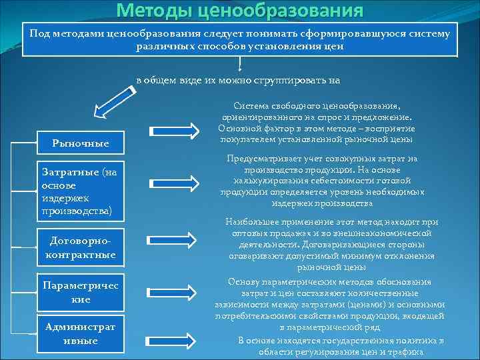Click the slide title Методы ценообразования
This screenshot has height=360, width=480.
click(x=240, y=11)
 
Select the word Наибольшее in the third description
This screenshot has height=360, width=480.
click(x=253, y=221)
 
